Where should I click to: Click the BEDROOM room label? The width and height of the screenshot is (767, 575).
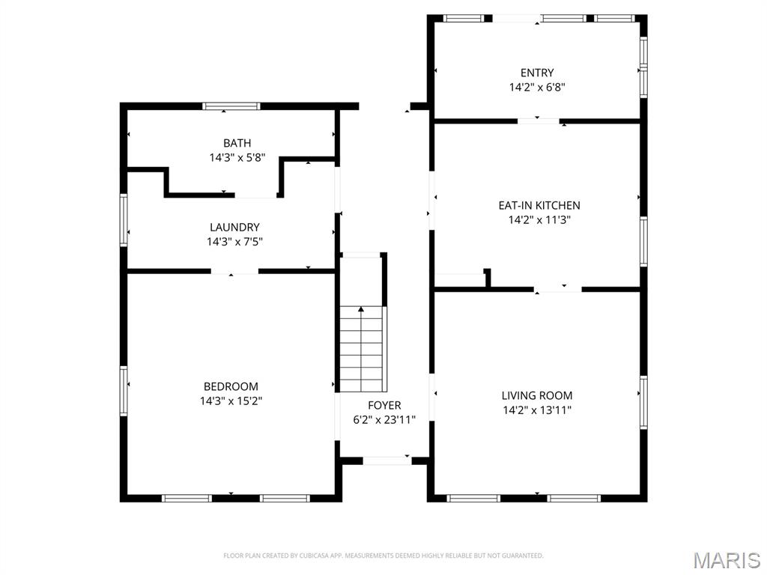(231, 386)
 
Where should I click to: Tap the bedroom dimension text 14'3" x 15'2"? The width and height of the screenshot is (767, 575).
(231, 401)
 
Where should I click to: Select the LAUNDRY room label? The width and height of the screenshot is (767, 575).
(234, 227)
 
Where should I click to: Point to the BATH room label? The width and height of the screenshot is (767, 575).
(237, 143)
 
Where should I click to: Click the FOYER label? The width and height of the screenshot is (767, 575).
(384, 405)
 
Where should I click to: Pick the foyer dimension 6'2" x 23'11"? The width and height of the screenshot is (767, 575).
(384, 420)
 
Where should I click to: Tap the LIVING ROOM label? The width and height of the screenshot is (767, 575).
(537, 395)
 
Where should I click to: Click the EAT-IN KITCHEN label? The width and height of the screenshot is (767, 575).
(539, 205)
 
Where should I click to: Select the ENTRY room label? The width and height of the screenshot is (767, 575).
(537, 73)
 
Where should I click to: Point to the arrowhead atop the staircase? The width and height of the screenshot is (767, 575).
(362, 308)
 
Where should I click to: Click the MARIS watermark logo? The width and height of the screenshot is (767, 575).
(726, 559)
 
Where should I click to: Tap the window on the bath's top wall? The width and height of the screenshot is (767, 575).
(231, 106)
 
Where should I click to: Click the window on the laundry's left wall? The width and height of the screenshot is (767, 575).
(124, 219)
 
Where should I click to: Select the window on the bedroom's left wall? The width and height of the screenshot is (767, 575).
(124, 391)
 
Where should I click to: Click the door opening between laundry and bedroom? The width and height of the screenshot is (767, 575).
(234, 271)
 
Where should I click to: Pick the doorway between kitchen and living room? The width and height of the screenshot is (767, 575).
(558, 289)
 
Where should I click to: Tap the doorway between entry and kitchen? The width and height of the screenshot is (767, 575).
(539, 121)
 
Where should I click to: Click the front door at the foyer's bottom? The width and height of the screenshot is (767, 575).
(386, 460)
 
